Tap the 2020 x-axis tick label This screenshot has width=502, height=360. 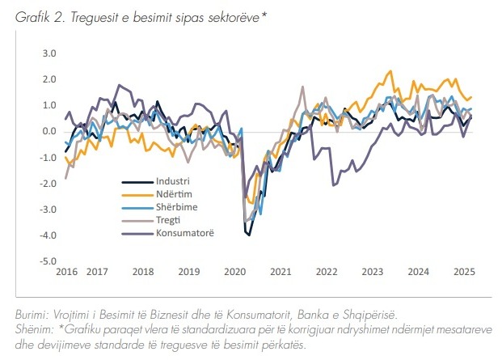(x=234, y=273)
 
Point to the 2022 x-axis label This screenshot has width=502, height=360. (x=327, y=273)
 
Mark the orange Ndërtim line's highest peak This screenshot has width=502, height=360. (x=390, y=71)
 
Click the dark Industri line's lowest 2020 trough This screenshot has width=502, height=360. (x=249, y=235)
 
